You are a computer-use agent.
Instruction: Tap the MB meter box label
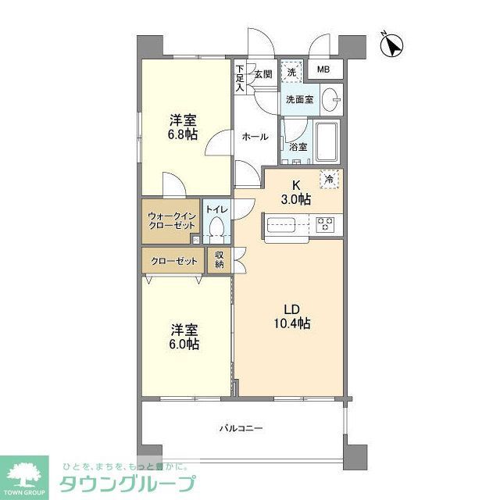point(323,70)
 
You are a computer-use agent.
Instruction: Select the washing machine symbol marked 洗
point(291,71)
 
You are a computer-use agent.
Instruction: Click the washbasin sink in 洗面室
point(331,100)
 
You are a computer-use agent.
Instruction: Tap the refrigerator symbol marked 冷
point(330,179)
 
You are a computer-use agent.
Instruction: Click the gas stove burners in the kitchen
point(325,225)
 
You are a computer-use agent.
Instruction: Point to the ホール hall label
point(255,137)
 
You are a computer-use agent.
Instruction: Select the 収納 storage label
point(220,260)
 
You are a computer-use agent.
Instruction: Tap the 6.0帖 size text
point(184,344)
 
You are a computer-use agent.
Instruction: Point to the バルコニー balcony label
point(240,428)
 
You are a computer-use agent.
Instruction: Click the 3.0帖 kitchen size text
point(296,200)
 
